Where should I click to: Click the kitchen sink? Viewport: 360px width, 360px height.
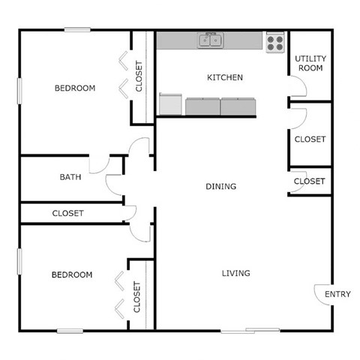[211, 41]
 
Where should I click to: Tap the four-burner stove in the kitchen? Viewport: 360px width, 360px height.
[275, 42]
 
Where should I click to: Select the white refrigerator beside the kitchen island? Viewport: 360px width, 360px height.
[170, 104]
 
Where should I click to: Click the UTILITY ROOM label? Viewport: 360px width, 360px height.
[309, 63]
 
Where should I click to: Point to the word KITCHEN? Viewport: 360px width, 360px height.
[224, 77]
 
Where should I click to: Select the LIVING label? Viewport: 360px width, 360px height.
[235, 273]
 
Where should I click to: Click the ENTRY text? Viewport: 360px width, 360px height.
[337, 295]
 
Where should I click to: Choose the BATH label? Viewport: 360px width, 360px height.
[70, 178]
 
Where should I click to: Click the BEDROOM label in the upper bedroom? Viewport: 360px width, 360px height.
[75, 88]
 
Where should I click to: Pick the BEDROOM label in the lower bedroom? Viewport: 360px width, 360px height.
[71, 275]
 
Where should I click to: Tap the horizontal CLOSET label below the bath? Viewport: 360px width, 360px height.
[68, 214]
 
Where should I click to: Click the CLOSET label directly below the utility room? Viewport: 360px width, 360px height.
[310, 139]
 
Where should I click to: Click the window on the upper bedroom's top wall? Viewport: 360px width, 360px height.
[77, 30]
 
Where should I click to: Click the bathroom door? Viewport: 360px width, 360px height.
[98, 163]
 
